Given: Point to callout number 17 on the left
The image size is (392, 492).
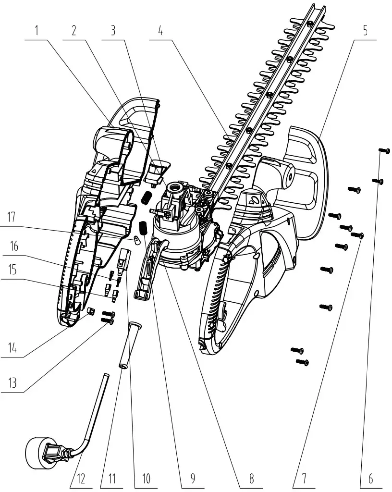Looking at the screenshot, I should pyautogui.click(x=12, y=217).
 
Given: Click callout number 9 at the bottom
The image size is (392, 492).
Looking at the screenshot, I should pyautogui.click(x=192, y=479).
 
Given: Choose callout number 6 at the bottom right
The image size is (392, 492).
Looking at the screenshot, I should pyautogui.click(x=370, y=479).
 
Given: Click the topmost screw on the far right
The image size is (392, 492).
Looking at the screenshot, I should pyautogui.click(x=385, y=151).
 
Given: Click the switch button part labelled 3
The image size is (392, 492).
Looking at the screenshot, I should pyautogui.click(x=158, y=171).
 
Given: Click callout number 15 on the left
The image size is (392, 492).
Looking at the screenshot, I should pyautogui.click(x=12, y=270).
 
